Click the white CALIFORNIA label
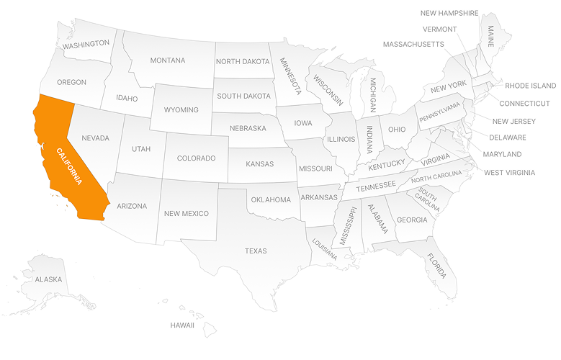coord(74,167)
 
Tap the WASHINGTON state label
coord(86,45)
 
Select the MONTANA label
coord(167,60)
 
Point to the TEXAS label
coord(256,251)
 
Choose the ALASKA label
coord(48,279)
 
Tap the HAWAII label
coord(182,325)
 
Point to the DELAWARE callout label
coord(508,138)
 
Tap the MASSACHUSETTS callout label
coord(413,45)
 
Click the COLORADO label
coord(196,158)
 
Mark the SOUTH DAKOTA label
coord(243,96)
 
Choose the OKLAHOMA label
coord(271,199)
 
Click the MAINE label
coord(490,35)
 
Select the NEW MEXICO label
coord(186,214)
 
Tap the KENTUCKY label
coord(387,165)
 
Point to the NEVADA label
coord(95,138)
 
